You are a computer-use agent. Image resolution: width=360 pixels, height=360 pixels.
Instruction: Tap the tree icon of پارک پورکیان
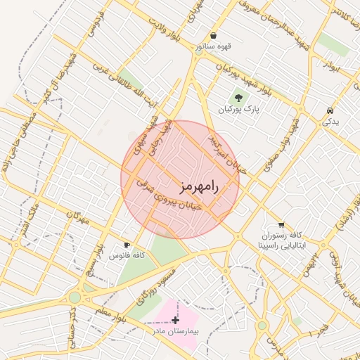tap(238, 98)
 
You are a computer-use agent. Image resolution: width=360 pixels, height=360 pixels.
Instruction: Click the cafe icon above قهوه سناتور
tap(213, 36)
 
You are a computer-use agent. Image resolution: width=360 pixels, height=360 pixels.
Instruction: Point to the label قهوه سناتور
tap(213, 47)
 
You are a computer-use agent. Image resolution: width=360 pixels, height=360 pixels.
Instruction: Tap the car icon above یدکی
tap(330, 111)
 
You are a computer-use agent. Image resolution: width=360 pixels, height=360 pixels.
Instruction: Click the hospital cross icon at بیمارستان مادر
tap(175, 320)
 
